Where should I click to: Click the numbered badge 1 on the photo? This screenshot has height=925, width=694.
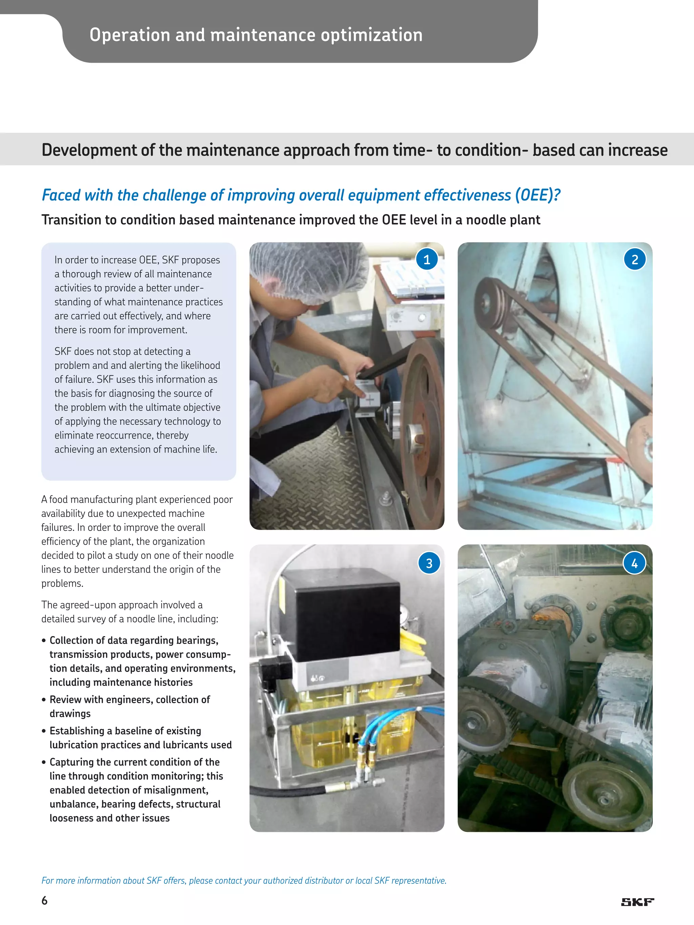tap(427, 259)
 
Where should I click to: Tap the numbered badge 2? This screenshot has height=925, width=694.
tap(635, 259)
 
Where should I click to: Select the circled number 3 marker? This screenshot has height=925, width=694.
tap(429, 563)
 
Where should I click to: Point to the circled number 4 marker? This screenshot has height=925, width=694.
tap(634, 563)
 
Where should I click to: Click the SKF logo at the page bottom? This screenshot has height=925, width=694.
tap(637, 902)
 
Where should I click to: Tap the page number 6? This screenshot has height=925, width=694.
tap(44, 900)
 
